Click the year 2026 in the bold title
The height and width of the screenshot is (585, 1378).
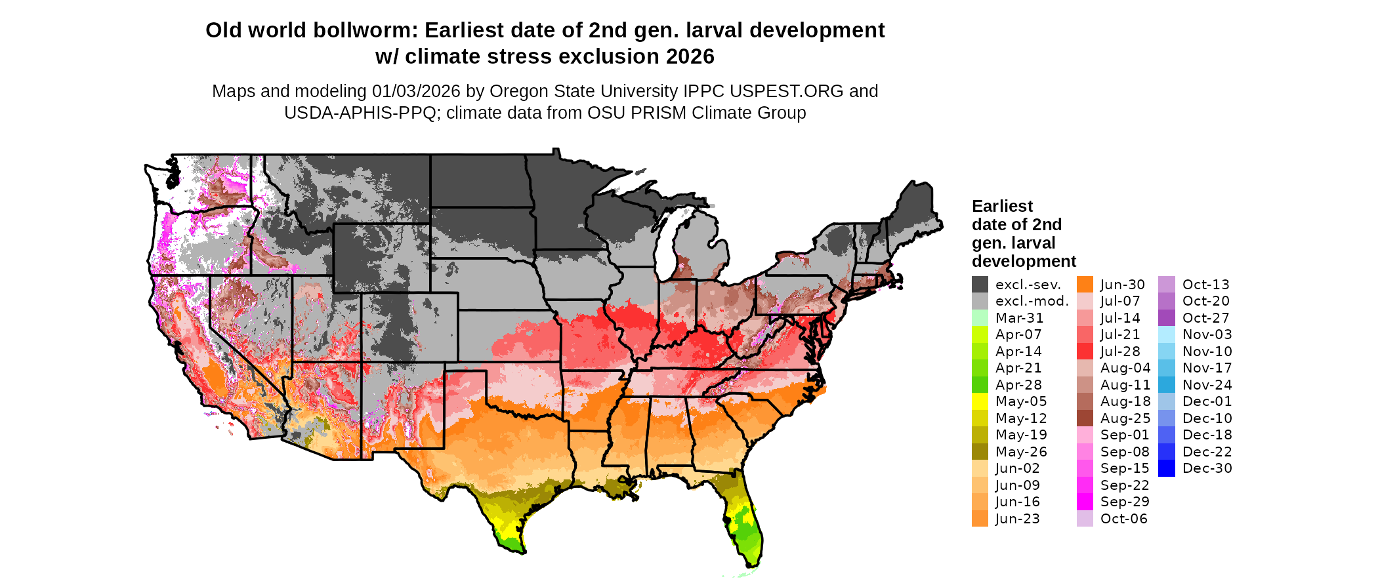coord(690,57)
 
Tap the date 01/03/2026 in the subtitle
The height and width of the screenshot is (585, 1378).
coord(416,91)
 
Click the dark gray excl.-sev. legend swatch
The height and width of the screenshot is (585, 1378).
coord(980,285)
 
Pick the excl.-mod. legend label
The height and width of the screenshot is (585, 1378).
coord(1032,302)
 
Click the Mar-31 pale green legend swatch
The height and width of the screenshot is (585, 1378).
coord(980,318)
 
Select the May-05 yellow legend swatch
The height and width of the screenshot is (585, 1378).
coord(980,401)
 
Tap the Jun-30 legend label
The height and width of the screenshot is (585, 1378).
coord(1122,285)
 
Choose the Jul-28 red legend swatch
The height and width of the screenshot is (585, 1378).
coord(1085,352)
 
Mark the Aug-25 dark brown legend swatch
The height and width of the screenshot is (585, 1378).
coord(1085,418)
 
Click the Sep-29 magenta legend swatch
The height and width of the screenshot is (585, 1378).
coord(1085,502)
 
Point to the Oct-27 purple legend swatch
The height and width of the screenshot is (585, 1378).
coord(1167,318)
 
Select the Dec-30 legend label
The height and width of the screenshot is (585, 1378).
coord(1207,469)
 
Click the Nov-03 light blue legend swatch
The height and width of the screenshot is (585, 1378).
coord(1167,334)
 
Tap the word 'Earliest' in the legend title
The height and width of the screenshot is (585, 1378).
coord(1002,207)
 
